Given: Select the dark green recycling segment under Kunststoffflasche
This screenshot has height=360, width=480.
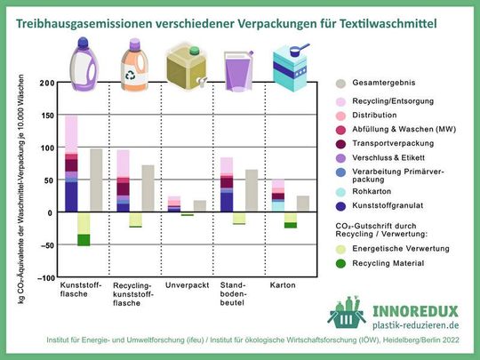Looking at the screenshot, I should (x=84, y=240).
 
